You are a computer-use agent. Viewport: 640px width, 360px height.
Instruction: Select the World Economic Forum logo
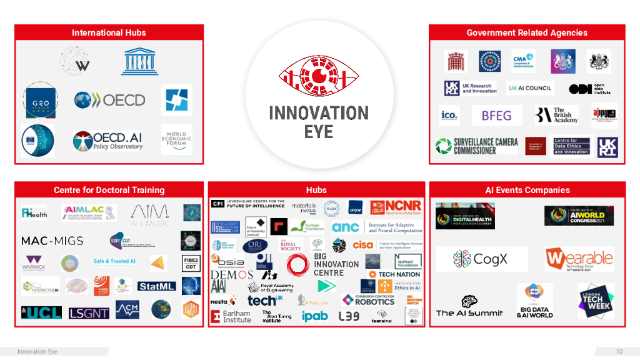(x=176, y=139)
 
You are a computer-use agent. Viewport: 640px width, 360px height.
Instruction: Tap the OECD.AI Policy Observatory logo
(x=108, y=141)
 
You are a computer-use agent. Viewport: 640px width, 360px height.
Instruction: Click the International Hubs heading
(x=109, y=32)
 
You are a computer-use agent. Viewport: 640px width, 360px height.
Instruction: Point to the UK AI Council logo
(x=529, y=88)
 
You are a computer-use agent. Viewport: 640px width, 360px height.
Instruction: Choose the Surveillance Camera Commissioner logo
(x=477, y=146)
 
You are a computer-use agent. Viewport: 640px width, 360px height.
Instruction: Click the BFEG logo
(x=496, y=116)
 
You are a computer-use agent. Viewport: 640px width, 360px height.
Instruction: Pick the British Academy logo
(x=556, y=116)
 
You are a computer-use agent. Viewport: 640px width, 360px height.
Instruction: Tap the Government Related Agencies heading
(x=527, y=32)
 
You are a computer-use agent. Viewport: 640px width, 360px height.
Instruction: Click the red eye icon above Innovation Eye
(x=319, y=77)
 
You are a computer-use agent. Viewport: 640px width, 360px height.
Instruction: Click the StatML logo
(x=156, y=286)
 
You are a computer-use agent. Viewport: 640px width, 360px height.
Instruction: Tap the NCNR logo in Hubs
(x=396, y=207)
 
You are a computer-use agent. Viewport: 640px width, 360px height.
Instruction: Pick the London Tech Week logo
(x=596, y=301)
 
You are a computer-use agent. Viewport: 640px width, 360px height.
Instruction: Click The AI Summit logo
(x=469, y=307)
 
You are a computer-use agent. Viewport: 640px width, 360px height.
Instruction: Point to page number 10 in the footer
(x=619, y=351)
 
